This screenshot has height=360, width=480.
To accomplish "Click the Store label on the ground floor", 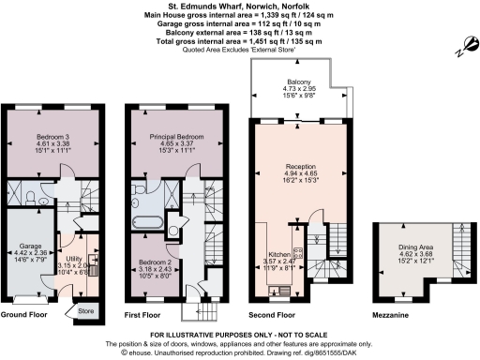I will [86, 310].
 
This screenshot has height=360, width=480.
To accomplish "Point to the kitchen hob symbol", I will [297, 252].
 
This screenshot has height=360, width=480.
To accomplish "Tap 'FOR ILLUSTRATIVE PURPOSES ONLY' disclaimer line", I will [239, 334].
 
